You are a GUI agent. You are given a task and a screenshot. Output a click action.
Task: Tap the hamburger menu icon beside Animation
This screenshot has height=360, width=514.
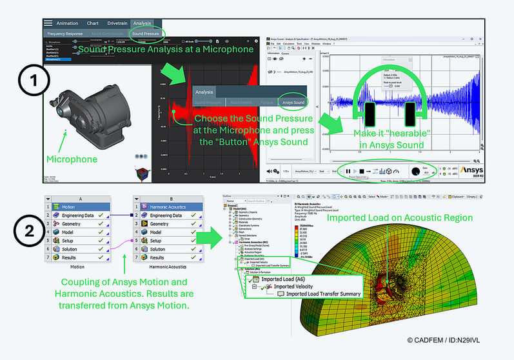pos(48,23)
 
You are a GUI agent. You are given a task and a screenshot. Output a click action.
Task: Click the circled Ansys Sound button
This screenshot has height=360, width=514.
pos(293,102)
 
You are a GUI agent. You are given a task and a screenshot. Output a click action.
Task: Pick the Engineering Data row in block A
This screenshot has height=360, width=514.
pos(82,215)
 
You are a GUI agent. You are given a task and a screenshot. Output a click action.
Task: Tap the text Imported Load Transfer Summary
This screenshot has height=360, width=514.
pos(323,294)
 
